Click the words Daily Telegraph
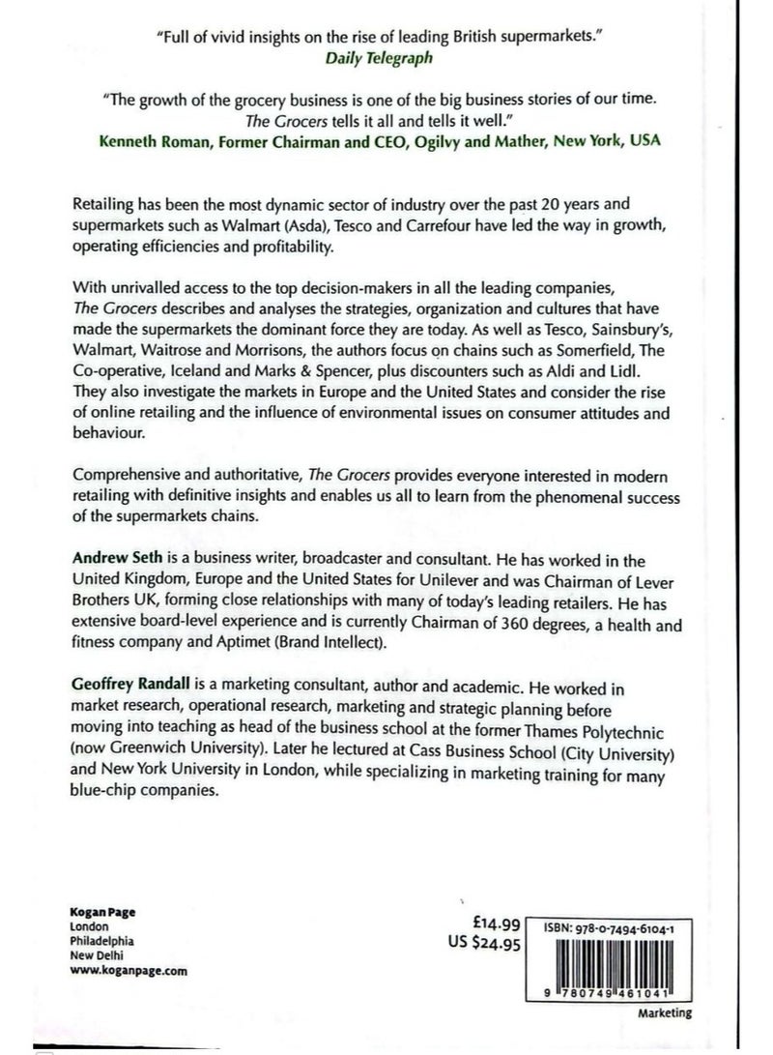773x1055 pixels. [386, 57]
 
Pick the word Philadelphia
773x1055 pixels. [102, 940]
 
